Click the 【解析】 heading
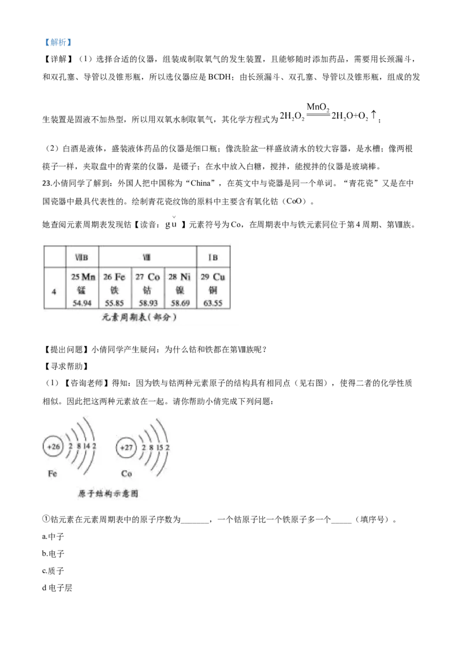point(58,42)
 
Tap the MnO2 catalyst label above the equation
point(318,107)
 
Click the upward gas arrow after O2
point(374,115)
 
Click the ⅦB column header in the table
point(81,257)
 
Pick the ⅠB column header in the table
point(213,257)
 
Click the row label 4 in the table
point(54,291)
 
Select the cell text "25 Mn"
point(83,277)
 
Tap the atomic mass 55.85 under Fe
point(114,303)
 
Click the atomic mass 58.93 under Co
point(148,303)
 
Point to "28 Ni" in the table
point(180,277)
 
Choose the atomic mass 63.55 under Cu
point(213,303)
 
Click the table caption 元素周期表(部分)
point(139,317)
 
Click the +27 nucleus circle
point(126,448)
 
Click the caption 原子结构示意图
point(107,494)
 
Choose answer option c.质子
point(53,571)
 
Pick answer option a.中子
point(53,536)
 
